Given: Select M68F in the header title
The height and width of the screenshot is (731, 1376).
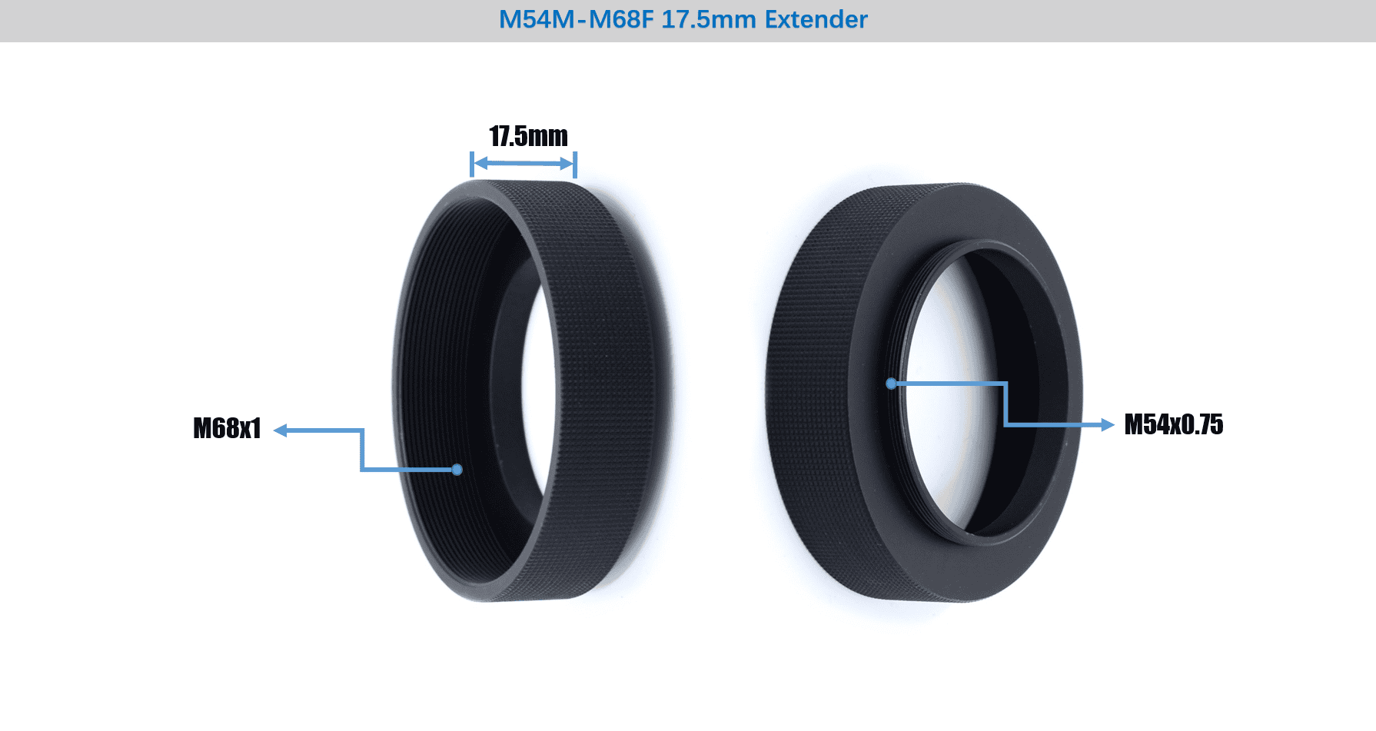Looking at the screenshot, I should point(621,19).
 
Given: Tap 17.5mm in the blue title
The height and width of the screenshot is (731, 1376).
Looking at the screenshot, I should point(708,19).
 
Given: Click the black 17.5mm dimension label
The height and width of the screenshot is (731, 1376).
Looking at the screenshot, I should point(528,136).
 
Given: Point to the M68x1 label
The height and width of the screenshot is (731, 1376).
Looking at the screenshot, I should point(227,428).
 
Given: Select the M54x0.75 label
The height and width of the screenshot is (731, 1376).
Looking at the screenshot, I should point(1173,424).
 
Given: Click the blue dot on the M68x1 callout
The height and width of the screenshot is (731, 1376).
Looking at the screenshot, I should point(457,470).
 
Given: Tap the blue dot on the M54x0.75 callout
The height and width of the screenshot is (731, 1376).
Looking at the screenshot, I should point(891,383).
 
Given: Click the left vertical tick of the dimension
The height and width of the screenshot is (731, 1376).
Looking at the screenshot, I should point(472,164).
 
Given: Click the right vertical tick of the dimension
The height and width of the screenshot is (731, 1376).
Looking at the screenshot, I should point(575,164).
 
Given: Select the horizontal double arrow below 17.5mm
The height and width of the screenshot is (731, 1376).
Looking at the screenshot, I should point(523,163).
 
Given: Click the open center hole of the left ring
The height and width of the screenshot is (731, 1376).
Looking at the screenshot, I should point(538,384).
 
